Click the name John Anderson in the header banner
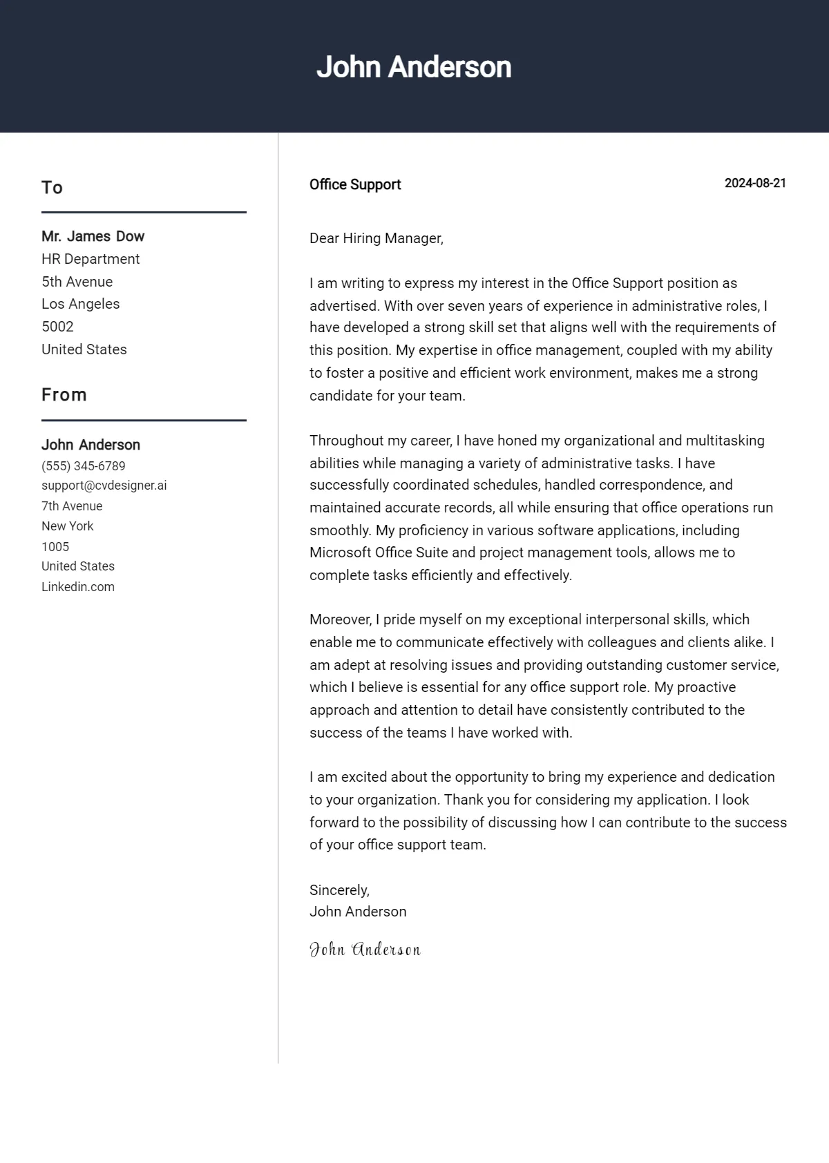(x=414, y=67)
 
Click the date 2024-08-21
(x=755, y=183)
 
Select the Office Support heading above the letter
(x=355, y=184)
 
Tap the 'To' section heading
(x=52, y=188)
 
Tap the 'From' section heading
(x=64, y=395)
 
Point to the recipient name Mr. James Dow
(x=93, y=236)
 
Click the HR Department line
(x=90, y=259)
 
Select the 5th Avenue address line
(x=77, y=282)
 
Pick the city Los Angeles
(x=80, y=304)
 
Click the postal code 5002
(x=57, y=327)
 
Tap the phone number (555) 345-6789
(x=84, y=466)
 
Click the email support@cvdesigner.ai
(x=104, y=486)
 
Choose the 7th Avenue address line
(x=72, y=506)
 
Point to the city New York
(x=67, y=526)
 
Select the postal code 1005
(x=55, y=547)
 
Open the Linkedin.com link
(x=78, y=587)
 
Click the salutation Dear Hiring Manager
(x=376, y=238)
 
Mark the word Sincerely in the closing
(x=339, y=890)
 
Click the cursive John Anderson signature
(x=365, y=950)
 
